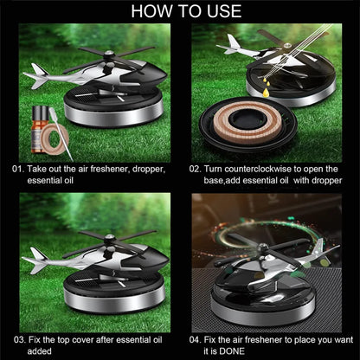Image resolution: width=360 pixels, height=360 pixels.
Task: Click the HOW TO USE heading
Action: pyautogui.click(x=180, y=12)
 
